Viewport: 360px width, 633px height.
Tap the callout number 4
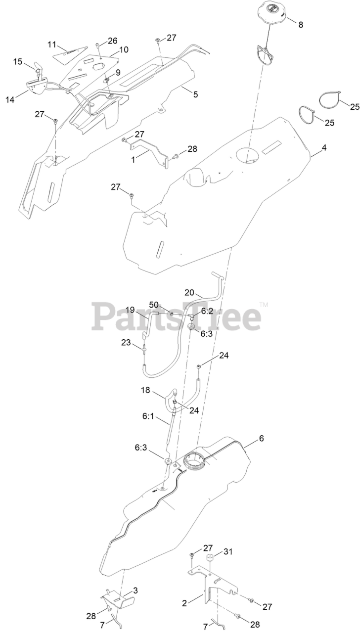pos(324,147)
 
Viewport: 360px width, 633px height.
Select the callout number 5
pos(196,94)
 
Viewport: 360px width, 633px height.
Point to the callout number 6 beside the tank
pos(262,439)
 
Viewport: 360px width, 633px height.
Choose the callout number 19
pos(130,310)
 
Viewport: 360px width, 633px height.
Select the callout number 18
pos(146,391)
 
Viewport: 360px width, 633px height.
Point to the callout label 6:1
pos(149,417)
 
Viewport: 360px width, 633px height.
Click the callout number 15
pos(18,62)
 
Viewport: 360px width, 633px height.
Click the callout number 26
pos(113,41)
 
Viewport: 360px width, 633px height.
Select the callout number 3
pos(135,591)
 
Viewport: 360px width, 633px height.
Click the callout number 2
pos(184,603)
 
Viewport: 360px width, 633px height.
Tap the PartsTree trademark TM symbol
pos(264,305)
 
